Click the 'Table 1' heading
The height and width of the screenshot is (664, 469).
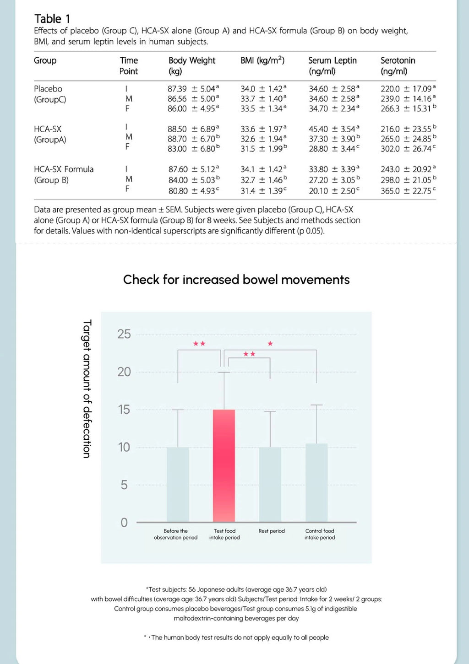[x=52, y=19]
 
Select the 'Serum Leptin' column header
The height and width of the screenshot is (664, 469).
[x=332, y=60]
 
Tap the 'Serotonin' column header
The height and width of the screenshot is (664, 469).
[x=398, y=60]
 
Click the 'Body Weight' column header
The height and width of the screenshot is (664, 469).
[x=191, y=60]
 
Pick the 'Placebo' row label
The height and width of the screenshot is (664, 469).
[x=48, y=89]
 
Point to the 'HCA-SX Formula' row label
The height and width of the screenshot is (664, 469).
[x=64, y=169]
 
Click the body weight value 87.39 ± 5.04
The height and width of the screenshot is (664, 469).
[x=193, y=89]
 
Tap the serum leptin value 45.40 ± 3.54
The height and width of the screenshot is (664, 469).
[x=333, y=129]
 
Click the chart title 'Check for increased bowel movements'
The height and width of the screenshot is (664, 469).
[x=236, y=280]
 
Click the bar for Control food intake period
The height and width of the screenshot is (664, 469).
[x=316, y=483]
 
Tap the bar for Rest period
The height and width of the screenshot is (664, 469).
[x=270, y=485]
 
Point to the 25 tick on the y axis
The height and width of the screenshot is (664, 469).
[x=124, y=334]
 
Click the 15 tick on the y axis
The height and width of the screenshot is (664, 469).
[x=124, y=410]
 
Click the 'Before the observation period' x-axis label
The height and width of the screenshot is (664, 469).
[x=176, y=534]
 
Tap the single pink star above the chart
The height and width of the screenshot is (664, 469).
[x=270, y=344]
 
